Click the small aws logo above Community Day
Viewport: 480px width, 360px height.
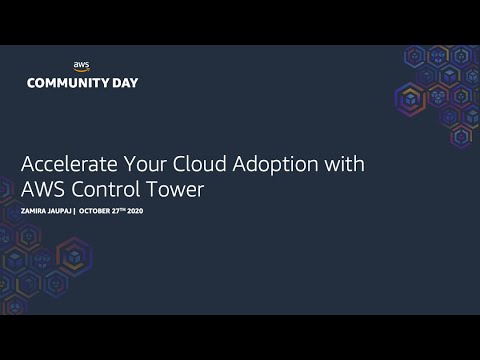pos(81,65)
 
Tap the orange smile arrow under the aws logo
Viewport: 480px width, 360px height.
pos(81,70)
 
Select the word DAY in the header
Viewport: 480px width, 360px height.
pos(125,83)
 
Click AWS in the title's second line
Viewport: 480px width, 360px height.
pos(43,189)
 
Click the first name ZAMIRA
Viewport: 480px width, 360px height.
pos(35,211)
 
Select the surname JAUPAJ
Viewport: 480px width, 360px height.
pos(60,211)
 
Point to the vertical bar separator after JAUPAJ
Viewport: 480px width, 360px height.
pos(75,211)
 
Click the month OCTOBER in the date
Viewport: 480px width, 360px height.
pos(95,211)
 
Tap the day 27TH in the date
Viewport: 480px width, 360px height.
pos(121,211)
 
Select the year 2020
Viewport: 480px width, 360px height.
pos(136,211)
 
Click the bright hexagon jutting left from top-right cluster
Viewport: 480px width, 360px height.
pos(410,99)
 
